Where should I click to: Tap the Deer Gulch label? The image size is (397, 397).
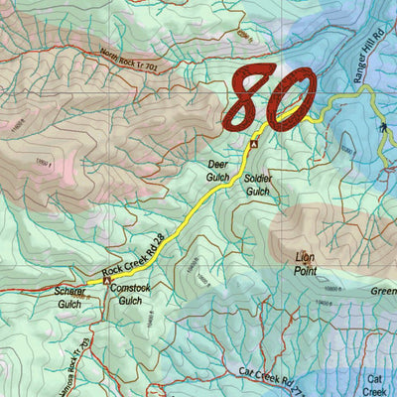click(218, 169)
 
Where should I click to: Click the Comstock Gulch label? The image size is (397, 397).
click(131, 294)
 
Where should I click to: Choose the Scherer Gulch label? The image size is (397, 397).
click(69, 298)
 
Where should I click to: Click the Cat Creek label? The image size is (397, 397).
click(375, 385)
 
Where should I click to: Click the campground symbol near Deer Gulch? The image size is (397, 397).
click(253, 144)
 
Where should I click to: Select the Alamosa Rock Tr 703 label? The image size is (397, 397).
click(77, 362)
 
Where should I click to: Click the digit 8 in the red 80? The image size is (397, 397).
click(250, 97)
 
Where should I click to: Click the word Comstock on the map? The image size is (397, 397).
click(131, 288)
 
